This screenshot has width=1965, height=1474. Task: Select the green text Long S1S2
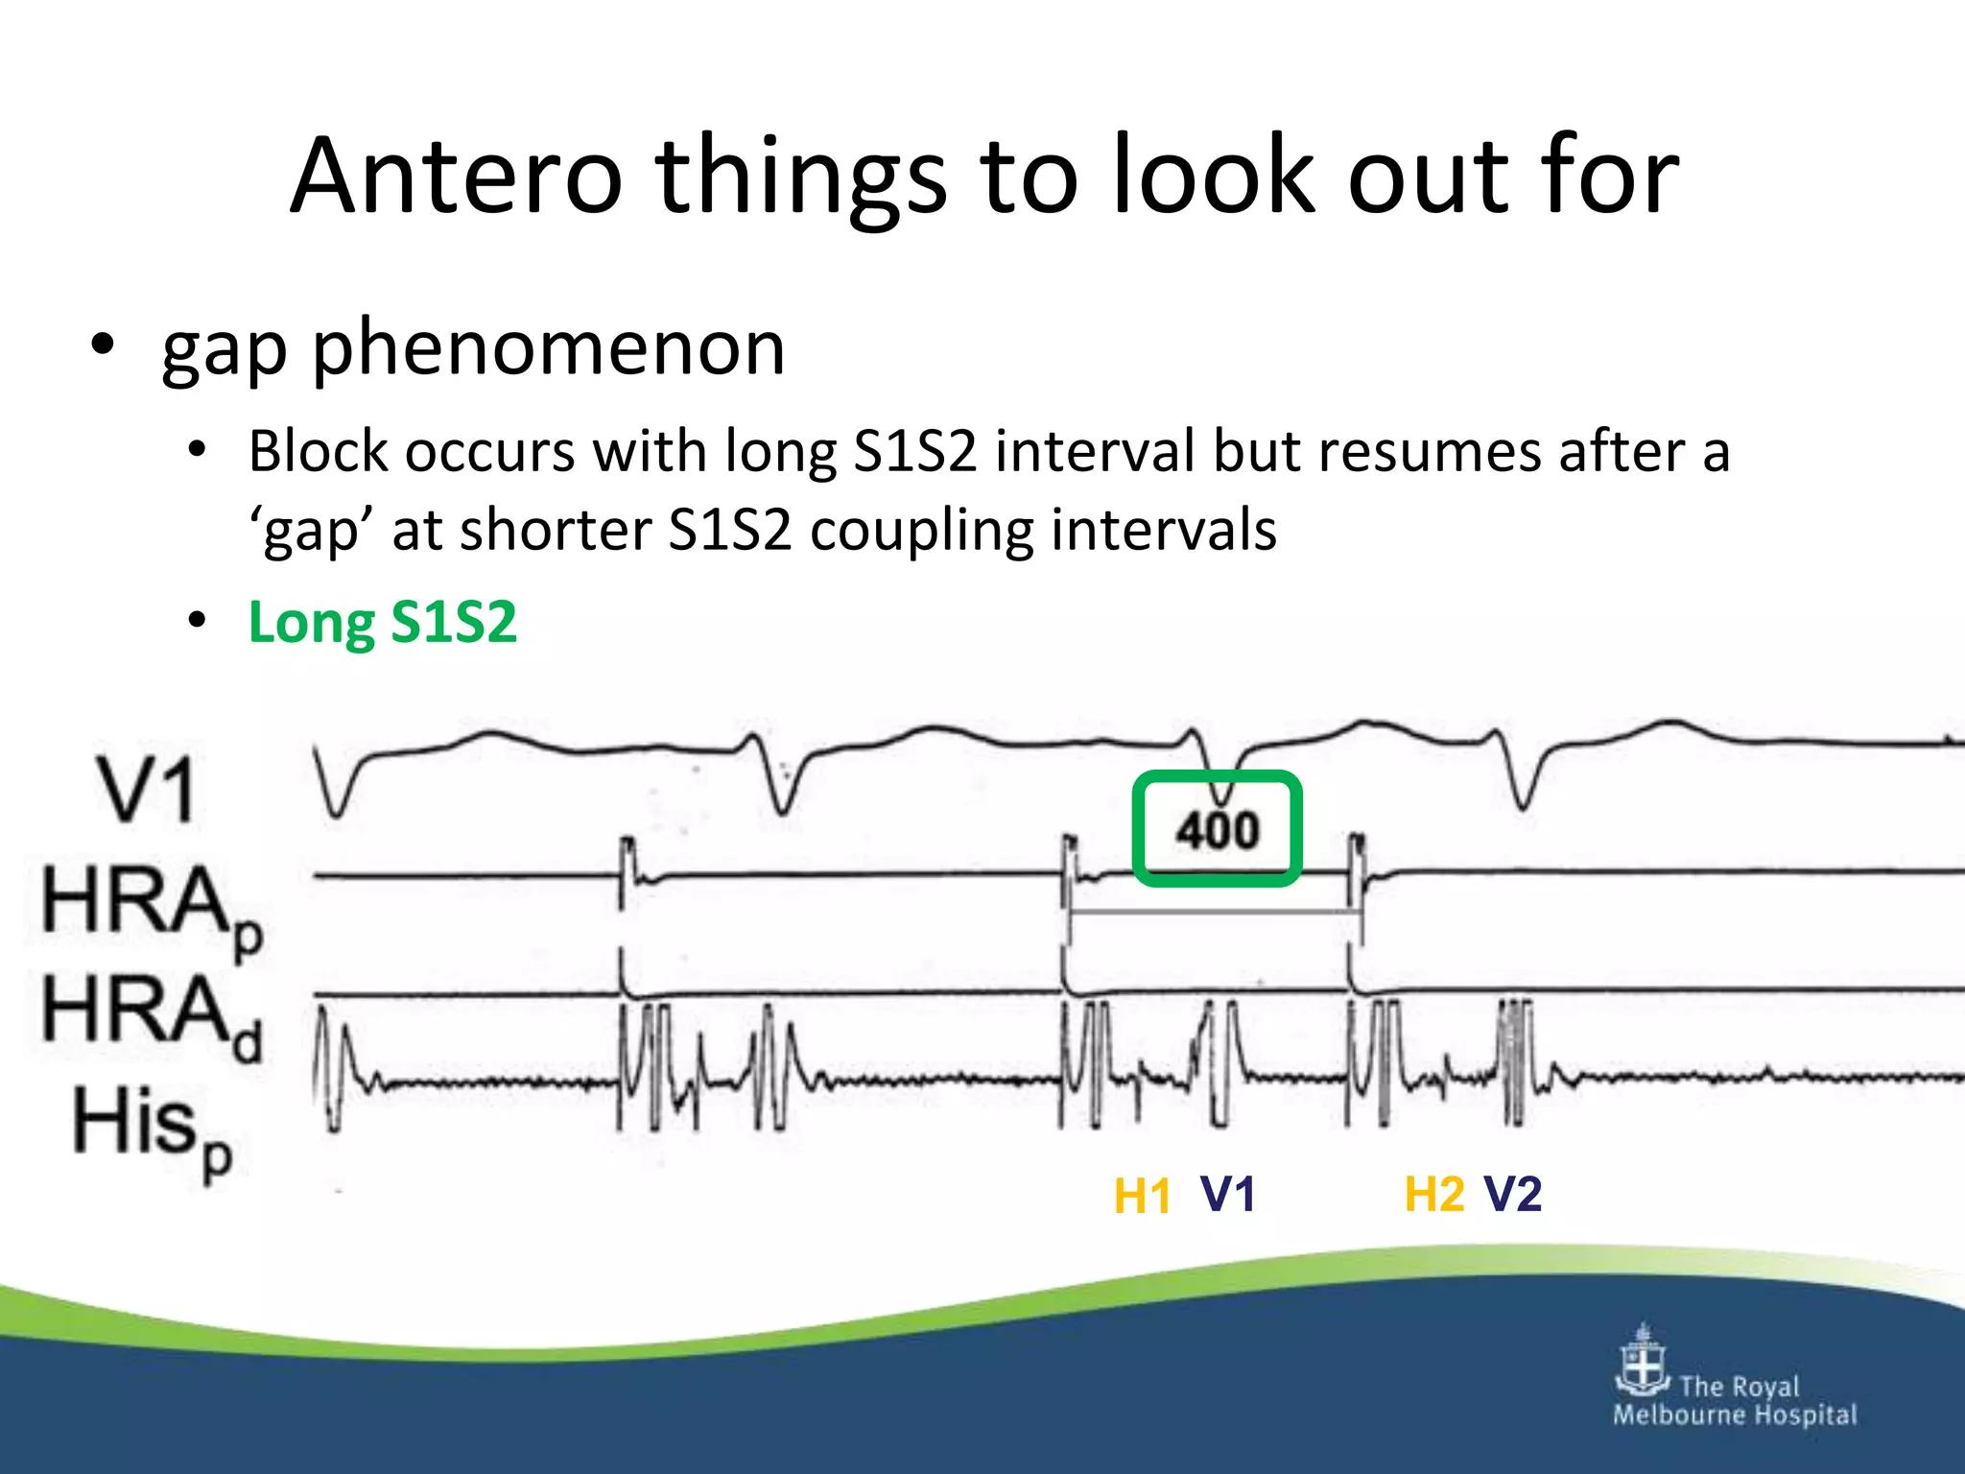tap(382, 622)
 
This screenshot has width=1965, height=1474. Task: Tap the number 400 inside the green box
tap(1217, 830)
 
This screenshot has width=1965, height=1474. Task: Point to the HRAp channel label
tap(151, 906)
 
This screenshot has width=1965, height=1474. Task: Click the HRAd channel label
tap(151, 1015)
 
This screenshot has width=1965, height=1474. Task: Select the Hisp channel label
tap(153, 1129)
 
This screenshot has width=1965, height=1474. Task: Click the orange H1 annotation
tap(1142, 1197)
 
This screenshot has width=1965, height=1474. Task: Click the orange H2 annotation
tap(1433, 1195)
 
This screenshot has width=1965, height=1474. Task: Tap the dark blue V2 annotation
tap(1513, 1195)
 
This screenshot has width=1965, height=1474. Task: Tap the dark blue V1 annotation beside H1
tap(1227, 1195)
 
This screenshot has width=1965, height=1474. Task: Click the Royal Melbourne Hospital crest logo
tap(1643, 1361)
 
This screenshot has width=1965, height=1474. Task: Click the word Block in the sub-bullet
tap(317, 451)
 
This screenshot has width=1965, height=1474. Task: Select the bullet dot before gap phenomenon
tap(103, 345)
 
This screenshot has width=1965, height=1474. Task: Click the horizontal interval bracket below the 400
tap(1215, 912)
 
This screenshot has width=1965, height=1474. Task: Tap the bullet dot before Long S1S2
tap(197, 621)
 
